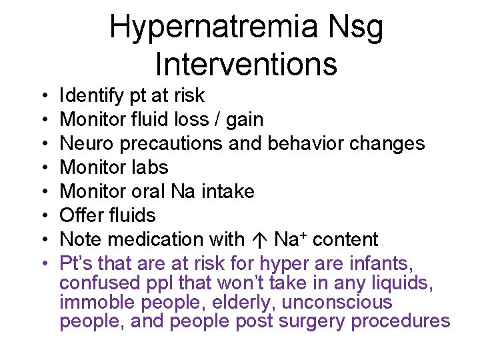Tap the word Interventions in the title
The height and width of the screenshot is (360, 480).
coord(246,64)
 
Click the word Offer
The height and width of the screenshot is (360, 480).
coord(81,215)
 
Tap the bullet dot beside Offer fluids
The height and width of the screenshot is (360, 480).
coord(43,215)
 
